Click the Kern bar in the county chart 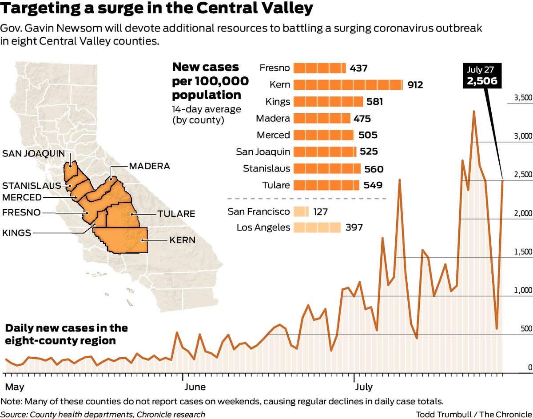coord(348,85)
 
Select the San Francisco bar coord(301,211)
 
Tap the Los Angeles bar coord(317,228)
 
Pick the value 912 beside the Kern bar coord(415,85)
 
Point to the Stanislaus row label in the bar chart coord(266,168)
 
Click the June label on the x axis coord(195,387)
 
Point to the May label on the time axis coord(14,387)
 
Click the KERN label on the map coord(182,240)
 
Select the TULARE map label coord(176,214)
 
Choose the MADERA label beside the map coord(149,166)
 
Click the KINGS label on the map coord(17,232)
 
